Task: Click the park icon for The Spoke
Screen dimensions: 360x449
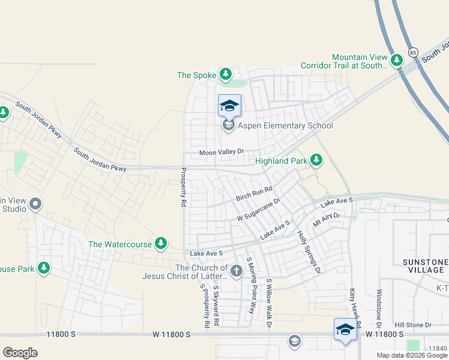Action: (x=225, y=74)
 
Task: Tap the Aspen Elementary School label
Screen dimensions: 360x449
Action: (x=286, y=126)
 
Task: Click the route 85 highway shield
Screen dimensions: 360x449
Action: (x=412, y=52)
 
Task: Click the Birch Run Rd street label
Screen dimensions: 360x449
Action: (x=254, y=193)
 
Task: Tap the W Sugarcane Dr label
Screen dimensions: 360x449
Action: (x=259, y=210)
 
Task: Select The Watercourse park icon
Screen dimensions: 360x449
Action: (x=160, y=244)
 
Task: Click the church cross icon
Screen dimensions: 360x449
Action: (x=237, y=271)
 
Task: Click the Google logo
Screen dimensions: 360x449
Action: (x=20, y=353)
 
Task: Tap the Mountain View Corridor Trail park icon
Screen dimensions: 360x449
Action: (x=396, y=60)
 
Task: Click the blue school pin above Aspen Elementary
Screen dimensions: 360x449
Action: (x=229, y=106)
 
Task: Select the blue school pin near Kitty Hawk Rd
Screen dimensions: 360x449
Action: (x=345, y=329)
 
